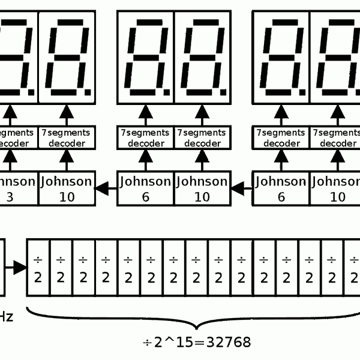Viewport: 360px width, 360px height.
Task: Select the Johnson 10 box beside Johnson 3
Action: [x=67, y=188]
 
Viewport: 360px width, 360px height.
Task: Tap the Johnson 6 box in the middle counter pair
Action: [x=145, y=188]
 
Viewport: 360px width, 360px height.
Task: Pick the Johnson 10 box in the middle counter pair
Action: [x=202, y=188]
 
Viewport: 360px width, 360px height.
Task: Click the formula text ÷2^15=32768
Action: [x=196, y=342]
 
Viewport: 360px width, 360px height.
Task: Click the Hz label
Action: [x=5, y=316]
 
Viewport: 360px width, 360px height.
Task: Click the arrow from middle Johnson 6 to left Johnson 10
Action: [x=106, y=189]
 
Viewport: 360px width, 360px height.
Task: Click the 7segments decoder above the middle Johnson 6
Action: [x=145, y=138]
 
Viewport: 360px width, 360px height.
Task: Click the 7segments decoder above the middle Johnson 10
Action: [x=202, y=138]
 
